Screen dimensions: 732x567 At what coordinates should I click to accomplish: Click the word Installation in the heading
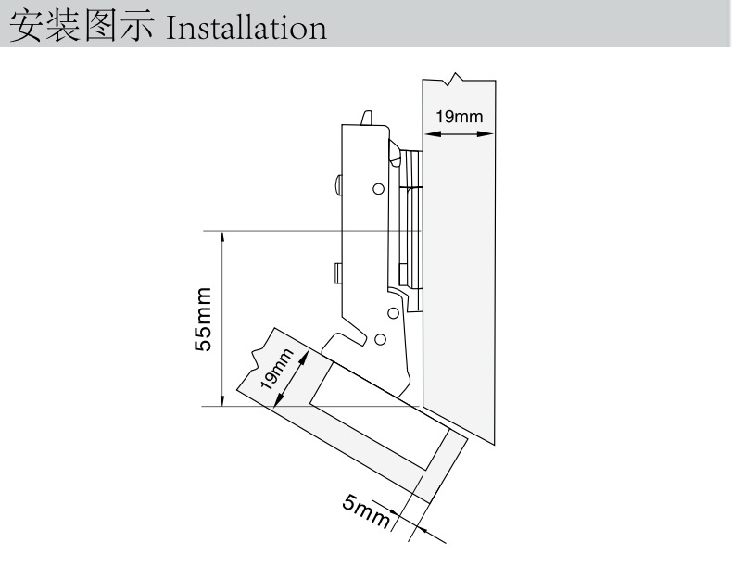(246, 27)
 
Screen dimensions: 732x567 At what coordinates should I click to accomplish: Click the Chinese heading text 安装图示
(83, 27)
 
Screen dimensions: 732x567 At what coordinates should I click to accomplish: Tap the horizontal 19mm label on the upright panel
(459, 116)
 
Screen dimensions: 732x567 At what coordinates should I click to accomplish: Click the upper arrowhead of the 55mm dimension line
(222, 237)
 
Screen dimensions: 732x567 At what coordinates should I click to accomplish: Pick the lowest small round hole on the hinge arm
(382, 339)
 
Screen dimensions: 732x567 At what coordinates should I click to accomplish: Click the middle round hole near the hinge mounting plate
(393, 315)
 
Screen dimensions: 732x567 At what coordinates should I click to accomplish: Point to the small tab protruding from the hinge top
(366, 117)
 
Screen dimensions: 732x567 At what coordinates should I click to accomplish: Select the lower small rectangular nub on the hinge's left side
(338, 272)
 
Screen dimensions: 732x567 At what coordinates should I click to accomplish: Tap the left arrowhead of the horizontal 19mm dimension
(428, 133)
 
